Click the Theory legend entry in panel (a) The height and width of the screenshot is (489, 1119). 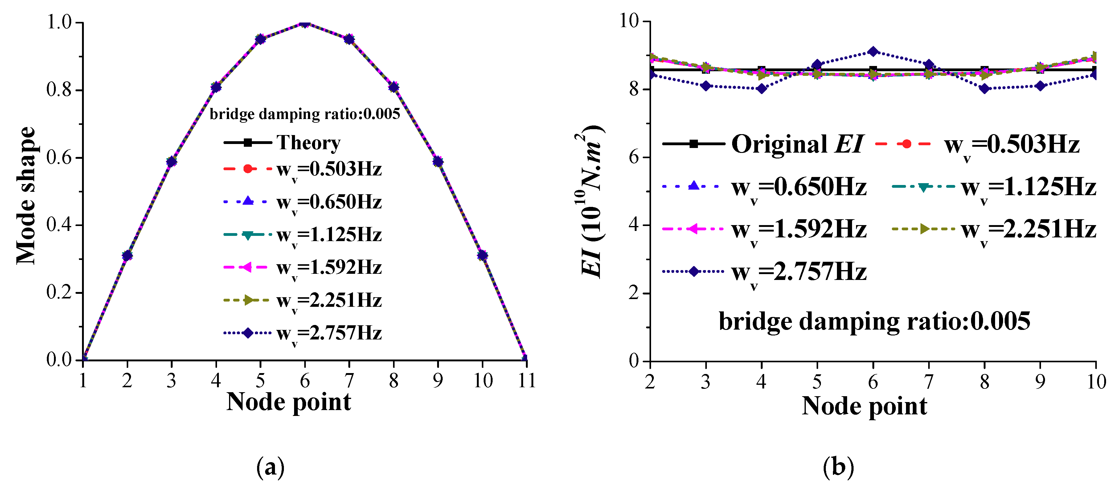pos(282,142)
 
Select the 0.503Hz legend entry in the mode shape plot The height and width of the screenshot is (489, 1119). pos(303,169)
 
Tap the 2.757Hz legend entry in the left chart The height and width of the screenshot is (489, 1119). pos(303,333)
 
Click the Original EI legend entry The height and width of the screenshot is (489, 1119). pos(762,144)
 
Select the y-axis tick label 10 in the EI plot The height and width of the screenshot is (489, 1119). pos(629,21)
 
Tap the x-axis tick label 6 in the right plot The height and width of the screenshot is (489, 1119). pos(873,382)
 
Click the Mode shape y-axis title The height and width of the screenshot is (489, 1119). pos(26,195)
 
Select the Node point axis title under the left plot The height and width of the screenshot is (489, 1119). pos(289,402)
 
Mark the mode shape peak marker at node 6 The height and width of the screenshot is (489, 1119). pos(305,23)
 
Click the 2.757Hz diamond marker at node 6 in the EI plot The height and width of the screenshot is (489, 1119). pos(873,52)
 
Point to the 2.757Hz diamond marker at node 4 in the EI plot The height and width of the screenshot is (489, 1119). pos(761,89)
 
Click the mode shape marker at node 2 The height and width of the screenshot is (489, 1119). pos(127,256)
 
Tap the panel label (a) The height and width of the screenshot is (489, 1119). pos(270,468)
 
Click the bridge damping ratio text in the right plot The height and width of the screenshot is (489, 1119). pos(874,322)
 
